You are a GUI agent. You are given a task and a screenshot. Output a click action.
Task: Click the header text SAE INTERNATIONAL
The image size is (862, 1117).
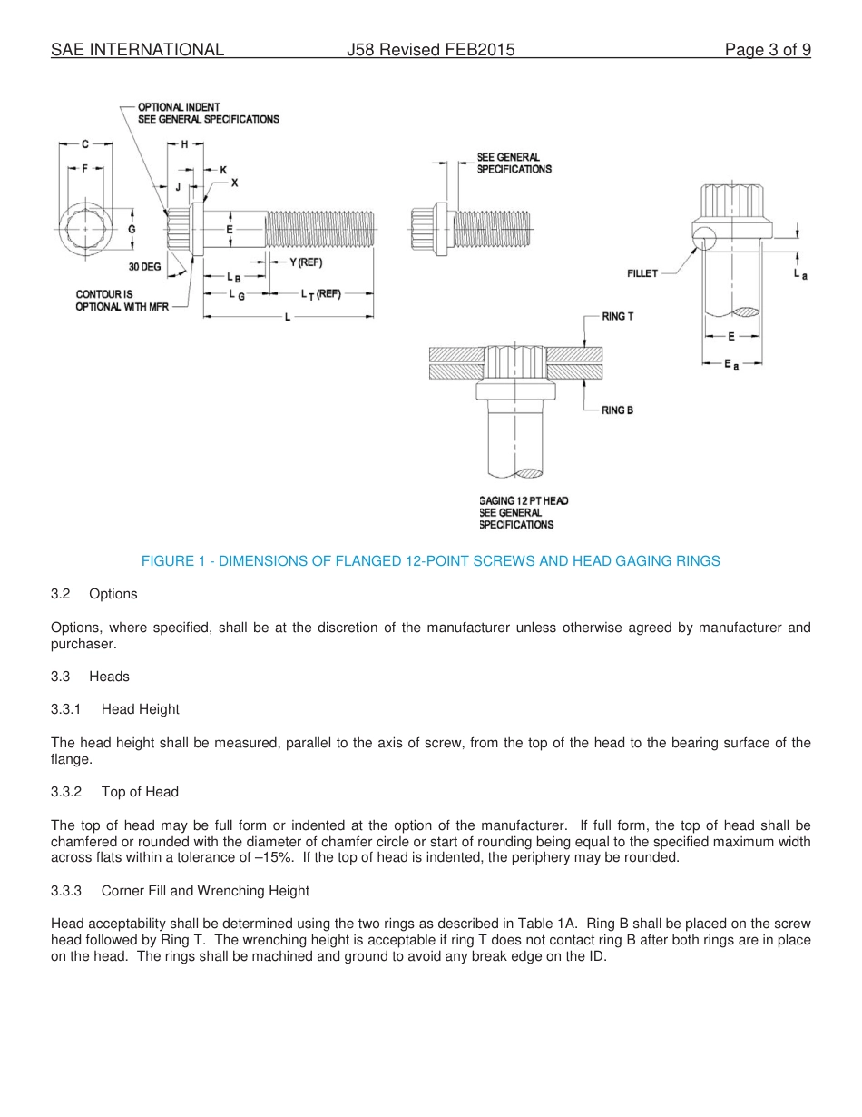click(x=137, y=51)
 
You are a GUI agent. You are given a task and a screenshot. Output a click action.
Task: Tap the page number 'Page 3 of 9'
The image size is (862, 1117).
click(x=768, y=51)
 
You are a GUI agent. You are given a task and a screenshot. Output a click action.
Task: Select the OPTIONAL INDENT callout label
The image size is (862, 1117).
click(x=179, y=107)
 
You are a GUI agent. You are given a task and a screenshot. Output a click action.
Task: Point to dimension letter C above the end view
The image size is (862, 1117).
click(x=84, y=143)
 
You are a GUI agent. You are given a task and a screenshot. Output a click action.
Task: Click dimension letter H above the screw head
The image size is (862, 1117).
click(x=184, y=143)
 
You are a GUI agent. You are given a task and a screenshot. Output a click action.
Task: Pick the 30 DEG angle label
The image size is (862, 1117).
click(x=144, y=267)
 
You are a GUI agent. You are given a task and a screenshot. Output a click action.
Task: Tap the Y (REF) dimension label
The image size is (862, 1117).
click(x=305, y=262)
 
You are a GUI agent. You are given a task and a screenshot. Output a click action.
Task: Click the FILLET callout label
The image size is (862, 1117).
click(x=642, y=273)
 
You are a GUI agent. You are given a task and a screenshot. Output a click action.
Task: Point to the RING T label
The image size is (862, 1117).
click(x=617, y=316)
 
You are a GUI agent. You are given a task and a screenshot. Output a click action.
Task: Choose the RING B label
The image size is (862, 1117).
click(x=617, y=410)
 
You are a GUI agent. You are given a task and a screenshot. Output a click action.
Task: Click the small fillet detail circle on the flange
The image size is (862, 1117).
click(x=703, y=238)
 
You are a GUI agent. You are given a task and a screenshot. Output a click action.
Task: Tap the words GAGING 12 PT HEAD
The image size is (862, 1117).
click(x=524, y=501)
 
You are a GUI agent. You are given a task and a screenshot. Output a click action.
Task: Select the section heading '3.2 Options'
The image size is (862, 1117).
click(x=94, y=594)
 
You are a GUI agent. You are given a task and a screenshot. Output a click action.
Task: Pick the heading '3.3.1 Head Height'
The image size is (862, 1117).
click(x=115, y=709)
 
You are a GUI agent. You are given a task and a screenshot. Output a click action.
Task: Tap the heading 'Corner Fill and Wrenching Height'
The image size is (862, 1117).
click(x=205, y=891)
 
